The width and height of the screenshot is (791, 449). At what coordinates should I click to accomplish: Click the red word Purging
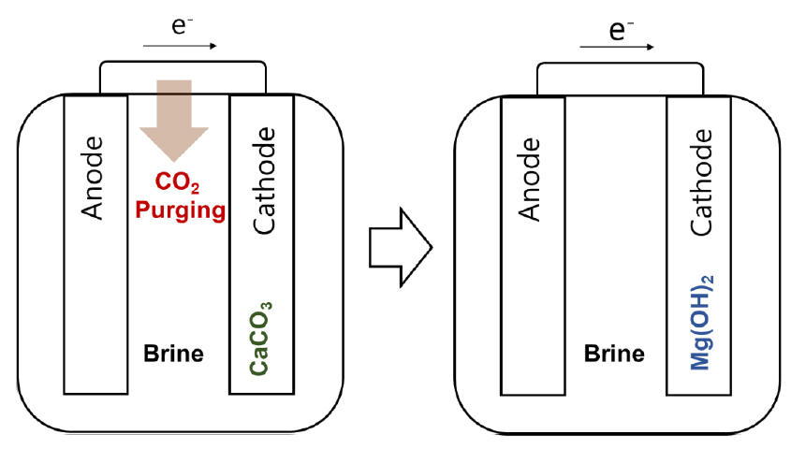pyautogui.click(x=181, y=210)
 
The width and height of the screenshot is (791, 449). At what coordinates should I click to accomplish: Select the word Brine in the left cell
pyautogui.click(x=173, y=355)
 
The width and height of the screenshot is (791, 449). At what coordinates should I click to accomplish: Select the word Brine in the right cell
pyautogui.click(x=614, y=355)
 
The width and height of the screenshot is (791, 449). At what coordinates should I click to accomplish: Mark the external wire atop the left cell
pyautogui.click(x=183, y=63)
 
